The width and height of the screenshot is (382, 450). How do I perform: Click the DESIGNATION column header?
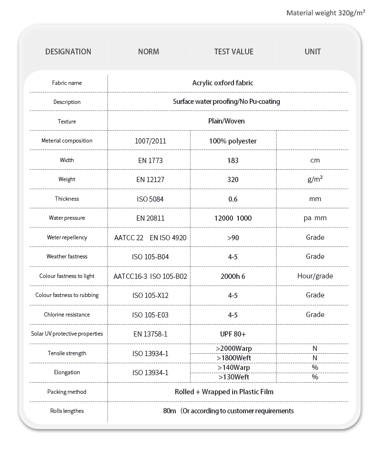(68, 51)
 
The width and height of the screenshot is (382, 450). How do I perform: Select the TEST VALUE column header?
(233, 51)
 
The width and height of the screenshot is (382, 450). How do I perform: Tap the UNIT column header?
(313, 51)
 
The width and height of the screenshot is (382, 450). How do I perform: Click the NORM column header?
(149, 51)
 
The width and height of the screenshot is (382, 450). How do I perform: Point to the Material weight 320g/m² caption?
(326, 13)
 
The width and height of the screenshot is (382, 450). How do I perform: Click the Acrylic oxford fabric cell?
(223, 83)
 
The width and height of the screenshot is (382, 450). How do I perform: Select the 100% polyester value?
(233, 141)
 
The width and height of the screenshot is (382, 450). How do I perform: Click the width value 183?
(233, 161)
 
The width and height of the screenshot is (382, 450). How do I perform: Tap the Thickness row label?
(67, 199)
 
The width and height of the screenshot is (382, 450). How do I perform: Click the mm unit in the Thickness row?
(315, 199)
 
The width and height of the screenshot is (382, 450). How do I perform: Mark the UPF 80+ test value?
(233, 334)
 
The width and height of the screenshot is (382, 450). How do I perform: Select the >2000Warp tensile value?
(233, 348)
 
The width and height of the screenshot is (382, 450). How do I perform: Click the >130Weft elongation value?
(234, 377)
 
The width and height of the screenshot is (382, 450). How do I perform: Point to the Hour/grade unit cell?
(315, 276)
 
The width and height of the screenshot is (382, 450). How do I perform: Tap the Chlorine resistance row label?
(67, 315)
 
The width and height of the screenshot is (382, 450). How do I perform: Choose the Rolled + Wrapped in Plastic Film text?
(224, 392)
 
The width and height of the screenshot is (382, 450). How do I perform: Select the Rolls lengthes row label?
(67, 411)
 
